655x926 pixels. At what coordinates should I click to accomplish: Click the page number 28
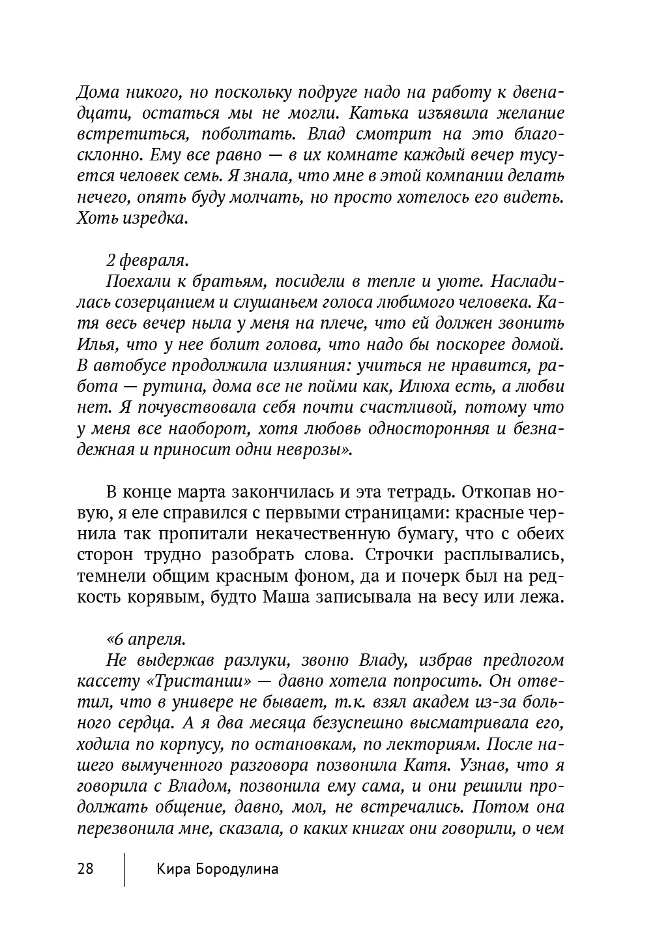pyautogui.click(x=85, y=869)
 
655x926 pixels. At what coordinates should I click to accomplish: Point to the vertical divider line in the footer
pyautogui.click(x=124, y=869)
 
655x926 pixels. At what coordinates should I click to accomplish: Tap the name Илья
pyautogui.click(x=95, y=344)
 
